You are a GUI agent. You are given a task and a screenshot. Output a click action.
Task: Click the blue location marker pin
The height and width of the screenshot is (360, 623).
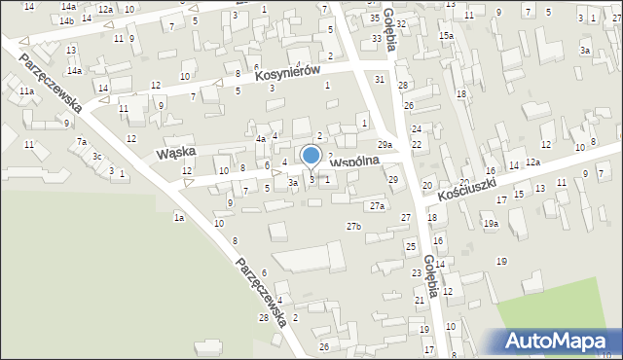311,156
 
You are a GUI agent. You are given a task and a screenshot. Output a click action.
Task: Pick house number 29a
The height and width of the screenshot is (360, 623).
385,145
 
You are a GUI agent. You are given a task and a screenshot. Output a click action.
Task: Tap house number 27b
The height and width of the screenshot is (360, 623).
354,227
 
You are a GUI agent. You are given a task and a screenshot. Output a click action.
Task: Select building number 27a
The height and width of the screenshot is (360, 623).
377,206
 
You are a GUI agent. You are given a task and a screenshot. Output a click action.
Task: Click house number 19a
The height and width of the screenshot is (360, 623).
491,224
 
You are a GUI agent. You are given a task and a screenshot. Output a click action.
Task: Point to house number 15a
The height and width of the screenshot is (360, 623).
445,36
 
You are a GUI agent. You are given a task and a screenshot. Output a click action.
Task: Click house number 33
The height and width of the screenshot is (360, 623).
377,38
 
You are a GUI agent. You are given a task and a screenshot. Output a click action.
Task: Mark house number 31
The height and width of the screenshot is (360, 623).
380,79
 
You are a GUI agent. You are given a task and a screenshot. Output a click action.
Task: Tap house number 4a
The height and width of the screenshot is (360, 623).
261,139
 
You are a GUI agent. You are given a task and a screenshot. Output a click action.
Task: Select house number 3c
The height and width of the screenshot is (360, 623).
96,157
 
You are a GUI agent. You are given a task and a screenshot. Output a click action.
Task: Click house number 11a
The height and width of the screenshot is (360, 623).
26,91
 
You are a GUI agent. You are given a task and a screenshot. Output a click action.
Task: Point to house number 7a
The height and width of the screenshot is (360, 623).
82,142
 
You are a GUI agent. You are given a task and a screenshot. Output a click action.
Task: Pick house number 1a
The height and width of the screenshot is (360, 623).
179,218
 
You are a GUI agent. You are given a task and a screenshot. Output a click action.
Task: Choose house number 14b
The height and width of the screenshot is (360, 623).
66,20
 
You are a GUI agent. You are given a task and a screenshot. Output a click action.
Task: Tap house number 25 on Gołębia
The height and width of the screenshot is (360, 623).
411,246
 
